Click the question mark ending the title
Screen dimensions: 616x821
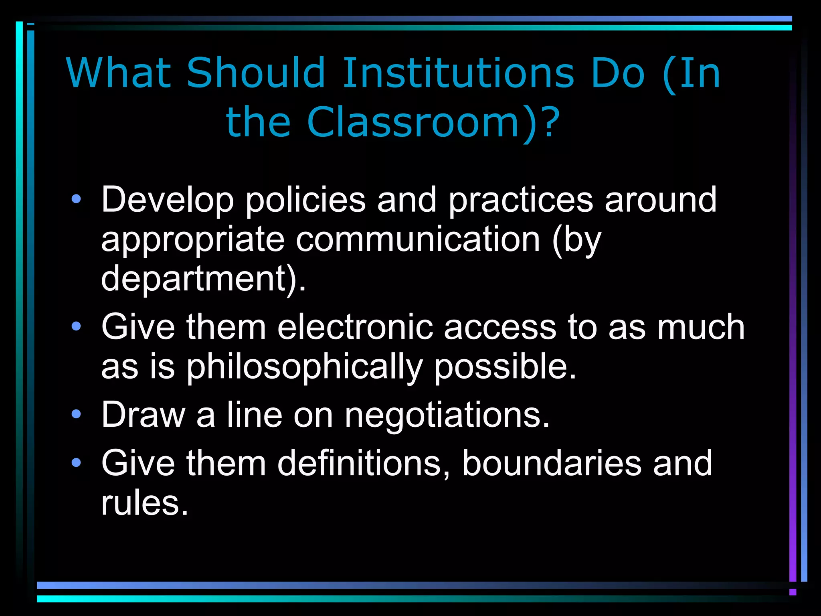click(x=552, y=122)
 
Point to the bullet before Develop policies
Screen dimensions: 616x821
click(x=76, y=199)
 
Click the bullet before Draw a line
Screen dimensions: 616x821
click(x=76, y=414)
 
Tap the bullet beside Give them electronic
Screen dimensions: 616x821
click(x=76, y=326)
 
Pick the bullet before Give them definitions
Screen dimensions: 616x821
click(x=76, y=463)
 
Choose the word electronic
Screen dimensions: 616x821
click(x=355, y=327)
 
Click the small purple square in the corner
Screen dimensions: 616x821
click(x=793, y=592)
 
